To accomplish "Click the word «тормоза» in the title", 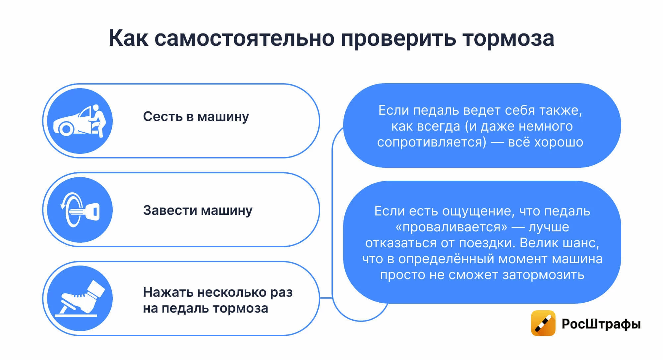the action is click(508, 38).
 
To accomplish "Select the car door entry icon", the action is click(80, 121).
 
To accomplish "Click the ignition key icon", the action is click(80, 210).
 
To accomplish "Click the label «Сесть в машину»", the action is click(196, 117).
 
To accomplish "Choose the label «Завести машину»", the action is click(198, 210).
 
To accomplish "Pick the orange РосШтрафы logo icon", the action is click(543, 323).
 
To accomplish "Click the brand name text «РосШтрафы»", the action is click(601, 324).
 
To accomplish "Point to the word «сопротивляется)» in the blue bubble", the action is click(432, 142).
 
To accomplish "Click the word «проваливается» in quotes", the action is click(452, 227).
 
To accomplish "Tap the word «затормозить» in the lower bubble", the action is click(543, 275).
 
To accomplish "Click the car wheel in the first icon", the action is click(66, 129).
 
